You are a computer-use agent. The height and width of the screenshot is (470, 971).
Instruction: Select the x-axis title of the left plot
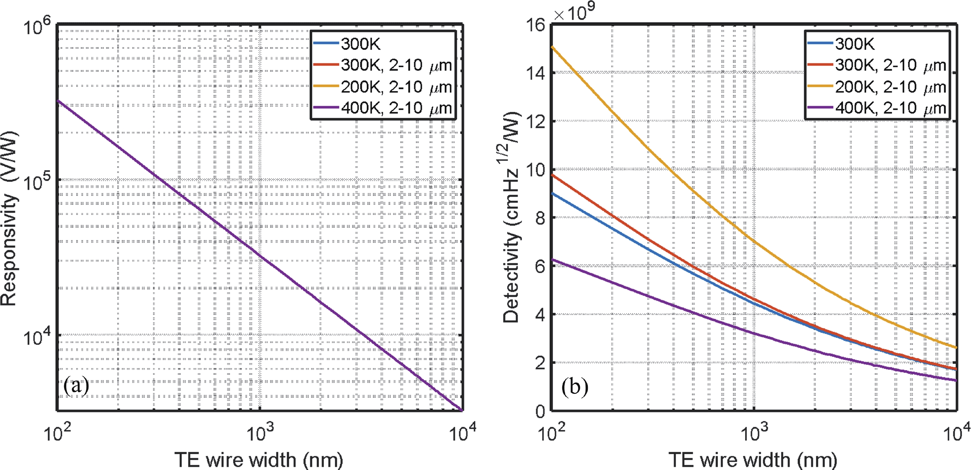pyautogui.click(x=259, y=460)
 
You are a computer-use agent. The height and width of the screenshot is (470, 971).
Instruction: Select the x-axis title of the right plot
pyautogui.click(x=753, y=460)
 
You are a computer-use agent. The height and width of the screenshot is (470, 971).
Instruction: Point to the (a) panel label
pyautogui.click(x=76, y=385)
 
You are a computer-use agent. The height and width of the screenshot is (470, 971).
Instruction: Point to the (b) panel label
pyautogui.click(x=575, y=386)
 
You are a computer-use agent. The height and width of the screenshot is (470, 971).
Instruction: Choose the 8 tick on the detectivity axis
pyautogui.click(x=540, y=218)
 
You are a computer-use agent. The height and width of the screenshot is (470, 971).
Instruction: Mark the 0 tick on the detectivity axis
pyautogui.click(x=540, y=411)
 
